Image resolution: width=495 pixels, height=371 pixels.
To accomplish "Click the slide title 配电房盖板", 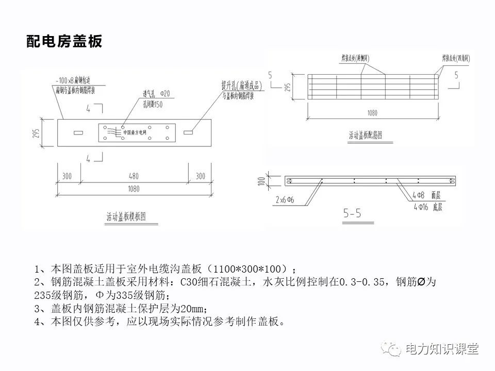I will (x=64, y=42).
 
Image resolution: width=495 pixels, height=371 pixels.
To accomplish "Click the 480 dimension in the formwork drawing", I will (x=133, y=176).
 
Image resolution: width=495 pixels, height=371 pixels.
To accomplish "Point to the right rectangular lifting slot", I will (x=188, y=133).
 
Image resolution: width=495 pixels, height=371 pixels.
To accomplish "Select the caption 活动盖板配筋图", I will (x=365, y=136).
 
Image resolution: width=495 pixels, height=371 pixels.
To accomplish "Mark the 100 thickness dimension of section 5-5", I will (x=261, y=181).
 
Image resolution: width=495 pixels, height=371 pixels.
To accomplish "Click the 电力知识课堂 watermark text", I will (x=442, y=349).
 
